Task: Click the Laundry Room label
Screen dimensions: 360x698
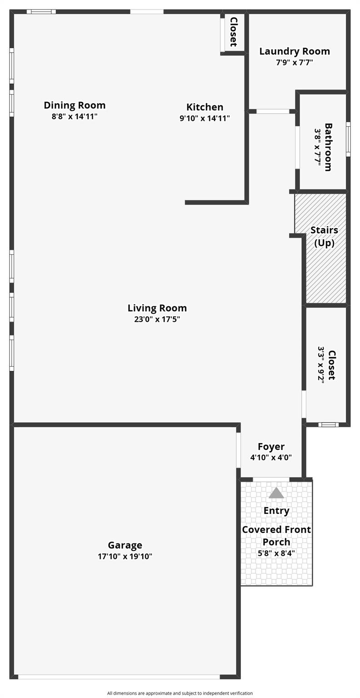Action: click(295, 51)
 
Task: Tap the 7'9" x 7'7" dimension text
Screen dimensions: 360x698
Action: click(295, 62)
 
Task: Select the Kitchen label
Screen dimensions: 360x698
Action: click(205, 107)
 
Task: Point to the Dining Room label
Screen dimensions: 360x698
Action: click(75, 105)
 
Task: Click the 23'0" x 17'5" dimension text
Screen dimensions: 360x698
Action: click(157, 319)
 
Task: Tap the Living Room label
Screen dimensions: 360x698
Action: click(157, 308)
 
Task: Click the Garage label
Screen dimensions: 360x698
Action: click(125, 545)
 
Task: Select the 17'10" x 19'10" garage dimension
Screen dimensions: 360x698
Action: click(125, 556)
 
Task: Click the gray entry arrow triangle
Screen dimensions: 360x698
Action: click(276, 493)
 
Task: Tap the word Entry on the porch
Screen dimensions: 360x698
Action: click(276, 511)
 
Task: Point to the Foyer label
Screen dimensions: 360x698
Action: click(271, 447)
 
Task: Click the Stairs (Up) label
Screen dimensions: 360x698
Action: click(324, 236)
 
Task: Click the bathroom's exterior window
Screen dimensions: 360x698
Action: click(348, 140)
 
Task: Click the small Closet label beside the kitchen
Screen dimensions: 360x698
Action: click(234, 32)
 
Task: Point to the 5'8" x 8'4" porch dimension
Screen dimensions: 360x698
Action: click(276, 553)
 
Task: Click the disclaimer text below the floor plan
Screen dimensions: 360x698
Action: click(180, 693)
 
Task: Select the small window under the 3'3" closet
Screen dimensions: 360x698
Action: click(328, 424)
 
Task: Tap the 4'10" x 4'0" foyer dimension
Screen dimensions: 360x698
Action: click(271, 458)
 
